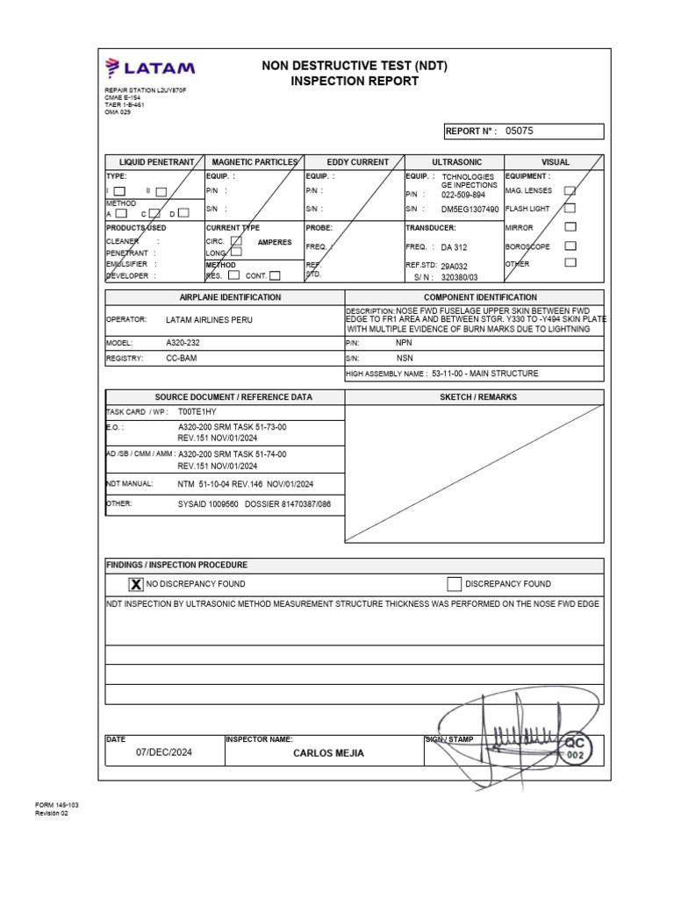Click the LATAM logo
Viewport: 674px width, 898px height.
[x=150, y=68]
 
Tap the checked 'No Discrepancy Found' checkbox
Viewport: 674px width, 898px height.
[x=137, y=583]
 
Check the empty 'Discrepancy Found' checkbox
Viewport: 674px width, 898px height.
[x=454, y=583]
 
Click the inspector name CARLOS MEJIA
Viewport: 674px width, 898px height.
[x=328, y=753]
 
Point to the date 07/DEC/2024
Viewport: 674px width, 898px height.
[x=164, y=752]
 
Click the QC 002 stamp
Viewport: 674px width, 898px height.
[x=575, y=748]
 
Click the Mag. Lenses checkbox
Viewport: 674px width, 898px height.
[x=570, y=190]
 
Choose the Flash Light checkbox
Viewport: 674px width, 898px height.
[x=570, y=209]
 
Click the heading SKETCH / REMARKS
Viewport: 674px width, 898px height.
[x=474, y=397]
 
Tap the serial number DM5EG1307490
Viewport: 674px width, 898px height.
[x=470, y=210]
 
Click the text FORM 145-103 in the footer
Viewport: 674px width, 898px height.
[x=56, y=804]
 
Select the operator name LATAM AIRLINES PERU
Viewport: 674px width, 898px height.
[x=209, y=320]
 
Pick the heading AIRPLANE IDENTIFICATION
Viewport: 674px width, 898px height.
[x=224, y=297]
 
